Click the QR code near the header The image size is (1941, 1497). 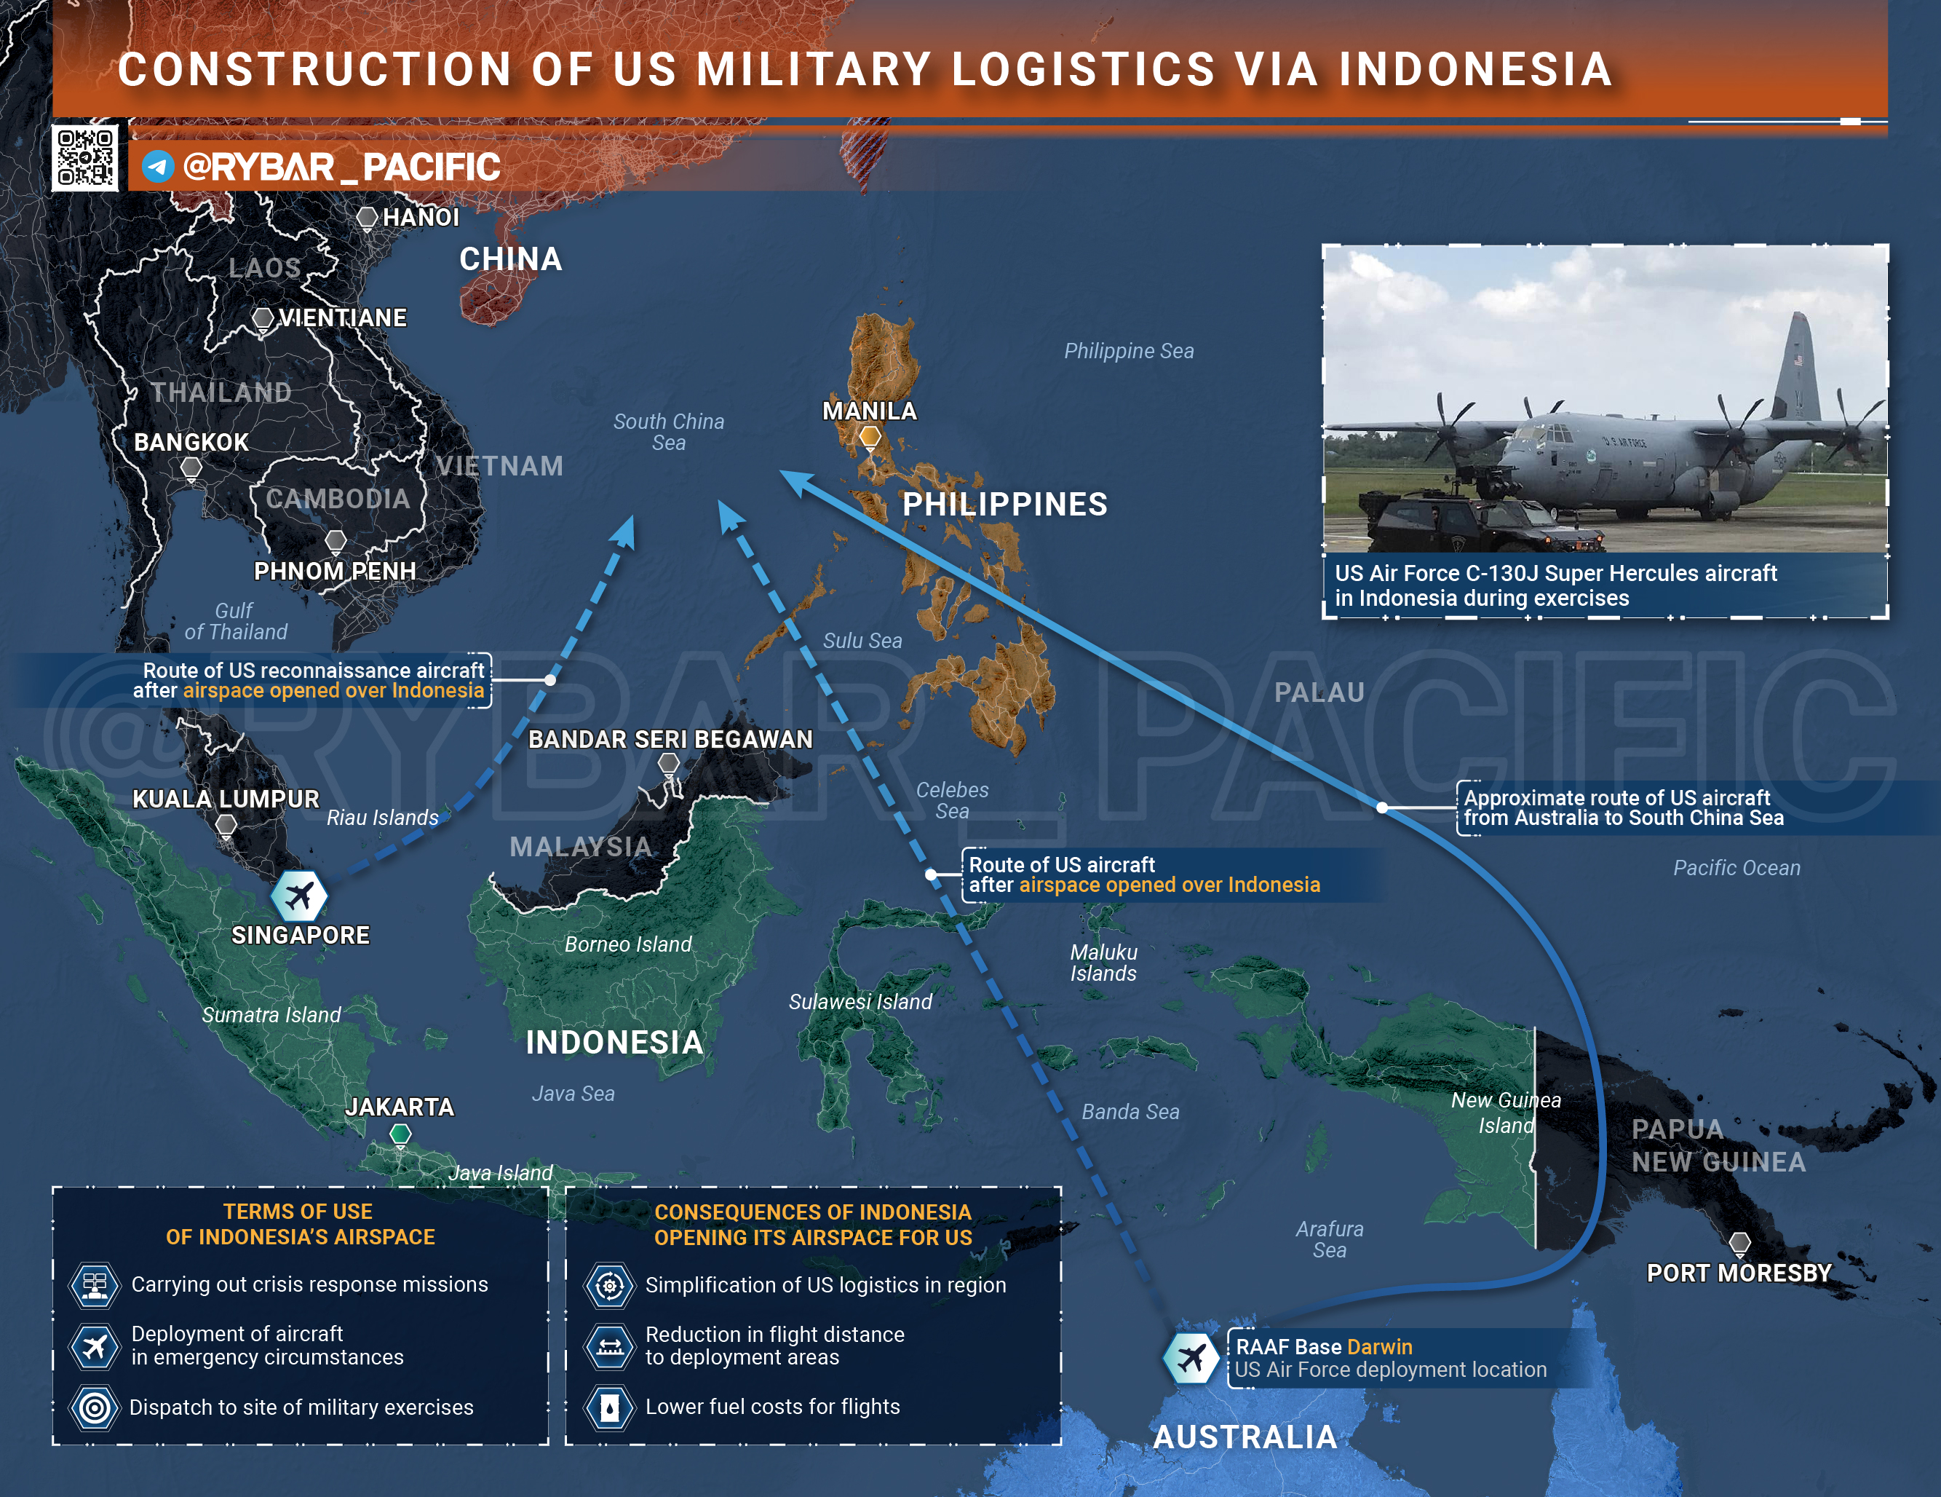coord(84,158)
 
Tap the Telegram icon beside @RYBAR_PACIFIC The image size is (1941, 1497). coord(158,166)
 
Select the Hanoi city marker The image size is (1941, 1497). coord(366,217)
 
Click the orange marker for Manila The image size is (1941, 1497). coord(870,436)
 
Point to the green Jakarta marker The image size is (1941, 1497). coord(401,1134)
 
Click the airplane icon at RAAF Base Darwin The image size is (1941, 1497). coord(1191,1357)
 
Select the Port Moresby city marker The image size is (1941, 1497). coord(1739,1243)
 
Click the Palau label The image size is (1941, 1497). coord(1319,692)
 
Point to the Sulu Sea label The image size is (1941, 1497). coord(862,641)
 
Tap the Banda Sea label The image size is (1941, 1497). coord(1130,1112)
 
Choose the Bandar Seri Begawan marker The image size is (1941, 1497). coord(668,763)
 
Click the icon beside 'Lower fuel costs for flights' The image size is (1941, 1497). coord(610,1407)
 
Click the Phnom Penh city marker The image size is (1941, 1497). coord(335,540)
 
